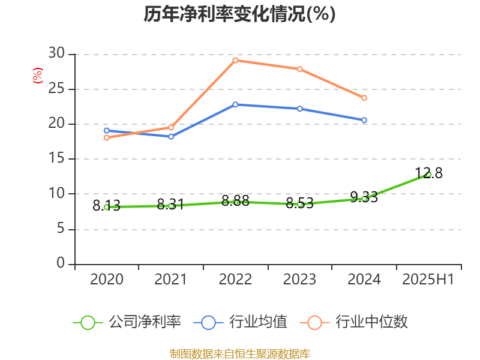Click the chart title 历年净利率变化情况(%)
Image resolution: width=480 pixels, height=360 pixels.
(239, 14)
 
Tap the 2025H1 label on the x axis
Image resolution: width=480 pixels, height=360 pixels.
(428, 280)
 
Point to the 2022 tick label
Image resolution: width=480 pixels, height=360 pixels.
(235, 280)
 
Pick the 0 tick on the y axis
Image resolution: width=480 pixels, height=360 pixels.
(60, 263)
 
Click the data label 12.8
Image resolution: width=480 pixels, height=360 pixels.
(428, 174)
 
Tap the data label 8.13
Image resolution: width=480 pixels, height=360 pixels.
(106, 206)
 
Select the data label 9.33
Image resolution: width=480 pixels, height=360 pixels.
(364, 197)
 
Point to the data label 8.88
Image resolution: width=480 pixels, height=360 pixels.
(235, 200)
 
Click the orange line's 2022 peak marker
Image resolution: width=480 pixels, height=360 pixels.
(235, 60)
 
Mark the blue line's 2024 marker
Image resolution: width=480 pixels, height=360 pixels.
(364, 121)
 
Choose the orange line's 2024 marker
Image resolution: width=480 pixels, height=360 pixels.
(364, 98)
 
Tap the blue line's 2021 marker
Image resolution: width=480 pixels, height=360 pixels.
(171, 137)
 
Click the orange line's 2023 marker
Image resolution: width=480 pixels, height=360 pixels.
(299, 69)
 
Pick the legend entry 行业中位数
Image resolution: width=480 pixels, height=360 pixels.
(358, 322)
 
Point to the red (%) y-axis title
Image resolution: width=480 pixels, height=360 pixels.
(37, 76)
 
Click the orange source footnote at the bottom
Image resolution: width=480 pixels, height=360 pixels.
(239, 353)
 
